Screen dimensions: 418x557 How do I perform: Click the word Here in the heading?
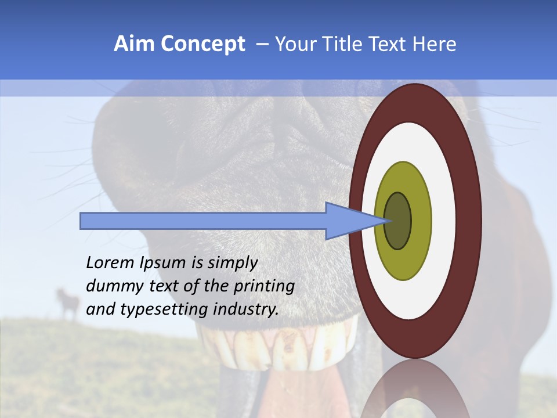435,44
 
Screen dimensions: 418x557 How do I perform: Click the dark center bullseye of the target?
397,221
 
